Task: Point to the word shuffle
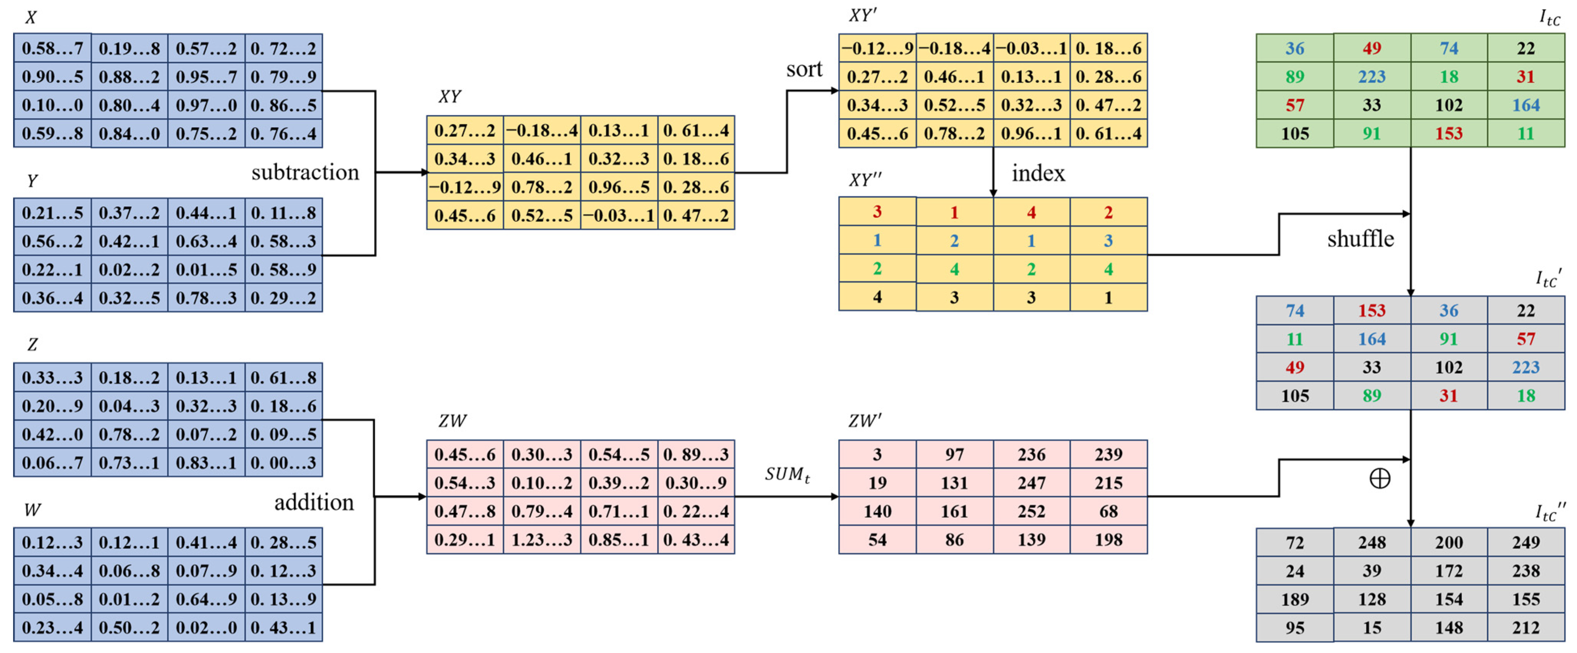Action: coord(1360,239)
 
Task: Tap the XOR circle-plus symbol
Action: coord(1379,479)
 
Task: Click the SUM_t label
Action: coord(787,474)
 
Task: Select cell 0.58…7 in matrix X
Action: coord(53,48)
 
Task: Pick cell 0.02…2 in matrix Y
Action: coord(129,269)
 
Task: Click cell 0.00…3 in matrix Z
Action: coord(283,463)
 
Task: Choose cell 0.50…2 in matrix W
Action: coord(129,627)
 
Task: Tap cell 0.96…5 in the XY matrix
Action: coord(619,187)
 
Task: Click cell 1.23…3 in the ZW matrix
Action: coord(542,540)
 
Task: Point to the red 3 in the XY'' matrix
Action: coord(877,212)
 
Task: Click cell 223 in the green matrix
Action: coord(1372,77)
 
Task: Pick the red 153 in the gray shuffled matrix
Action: coord(1372,311)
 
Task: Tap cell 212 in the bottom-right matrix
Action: coord(1526,627)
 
